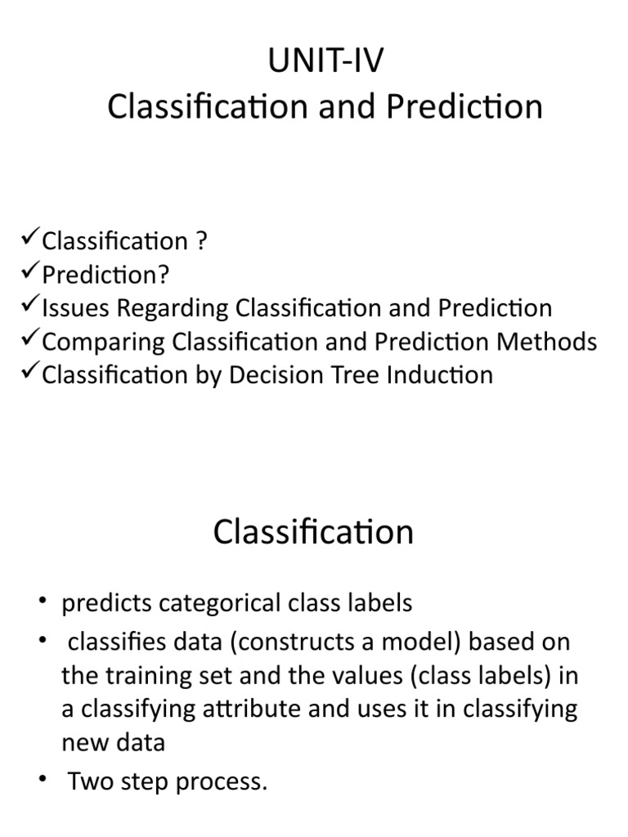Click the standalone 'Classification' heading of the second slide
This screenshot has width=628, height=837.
pos(313,532)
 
